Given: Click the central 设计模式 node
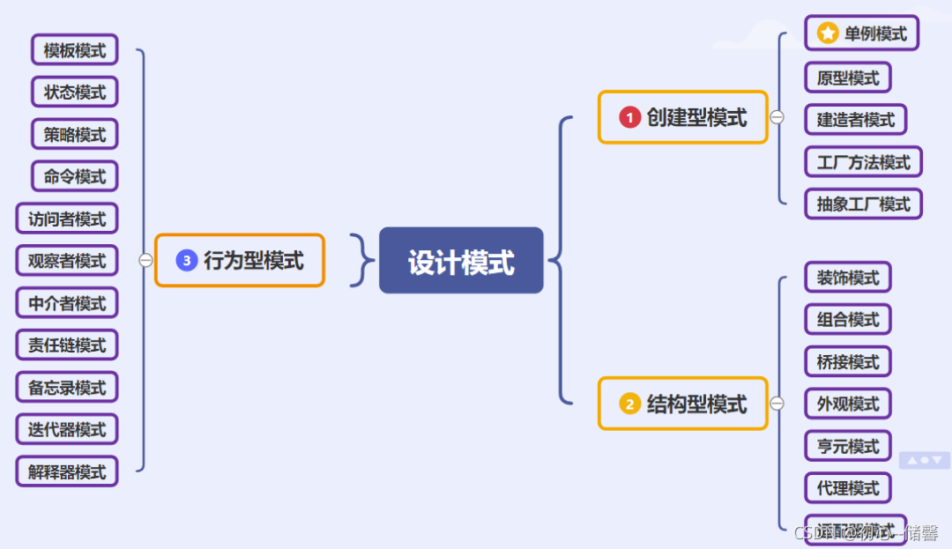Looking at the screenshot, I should click(461, 261).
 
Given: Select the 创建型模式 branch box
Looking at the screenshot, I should click(683, 117).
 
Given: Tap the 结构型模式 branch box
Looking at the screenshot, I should click(683, 404).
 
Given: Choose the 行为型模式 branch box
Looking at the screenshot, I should click(240, 260).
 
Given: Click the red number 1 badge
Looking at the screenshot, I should click(629, 117).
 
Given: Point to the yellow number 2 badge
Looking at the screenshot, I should click(629, 404).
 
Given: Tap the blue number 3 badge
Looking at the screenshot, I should click(186, 260).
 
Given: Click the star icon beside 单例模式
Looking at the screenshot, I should click(827, 33).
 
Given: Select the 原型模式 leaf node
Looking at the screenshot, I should click(848, 78).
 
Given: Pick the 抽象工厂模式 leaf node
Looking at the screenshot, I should click(863, 204).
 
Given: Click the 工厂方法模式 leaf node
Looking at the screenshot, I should click(863, 162).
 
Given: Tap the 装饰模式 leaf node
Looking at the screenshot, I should click(848, 278).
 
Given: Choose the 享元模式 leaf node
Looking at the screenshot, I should click(848, 446).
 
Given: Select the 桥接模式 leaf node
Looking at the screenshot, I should click(848, 361).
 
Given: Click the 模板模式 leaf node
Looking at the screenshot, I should click(75, 50).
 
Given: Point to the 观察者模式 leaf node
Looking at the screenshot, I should click(67, 261).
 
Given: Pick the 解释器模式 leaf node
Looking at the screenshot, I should click(67, 471).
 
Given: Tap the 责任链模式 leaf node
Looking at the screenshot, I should click(67, 345).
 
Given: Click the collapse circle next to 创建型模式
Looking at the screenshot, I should click(777, 117).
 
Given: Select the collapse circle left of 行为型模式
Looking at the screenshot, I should click(145, 260).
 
